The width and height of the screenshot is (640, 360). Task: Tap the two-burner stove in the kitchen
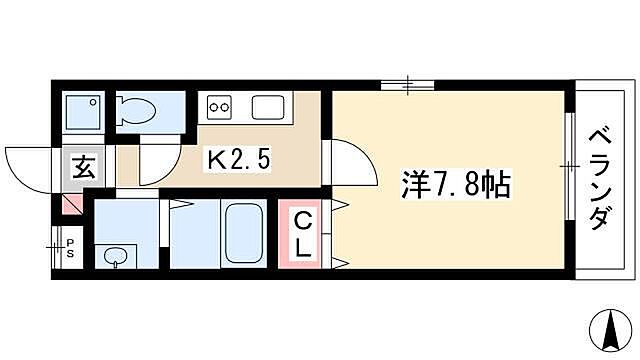click(x=220, y=106)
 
